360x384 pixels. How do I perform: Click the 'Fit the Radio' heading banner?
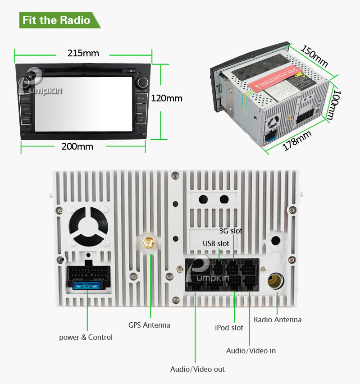56,20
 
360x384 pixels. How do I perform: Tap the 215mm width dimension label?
83,53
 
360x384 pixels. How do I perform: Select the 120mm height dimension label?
167,98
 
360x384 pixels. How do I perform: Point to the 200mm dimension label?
77,146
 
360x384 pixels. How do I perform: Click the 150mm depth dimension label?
314,55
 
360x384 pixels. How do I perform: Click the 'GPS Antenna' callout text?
149,325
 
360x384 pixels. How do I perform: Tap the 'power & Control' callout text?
86,337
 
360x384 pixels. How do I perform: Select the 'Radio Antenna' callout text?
278,320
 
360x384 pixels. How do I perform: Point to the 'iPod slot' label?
229,328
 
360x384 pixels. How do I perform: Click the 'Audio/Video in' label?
251,350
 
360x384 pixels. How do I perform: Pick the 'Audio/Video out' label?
197,369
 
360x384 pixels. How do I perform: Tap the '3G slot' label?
231,231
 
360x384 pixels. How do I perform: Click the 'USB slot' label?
216,243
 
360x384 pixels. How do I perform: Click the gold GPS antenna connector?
148,243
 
